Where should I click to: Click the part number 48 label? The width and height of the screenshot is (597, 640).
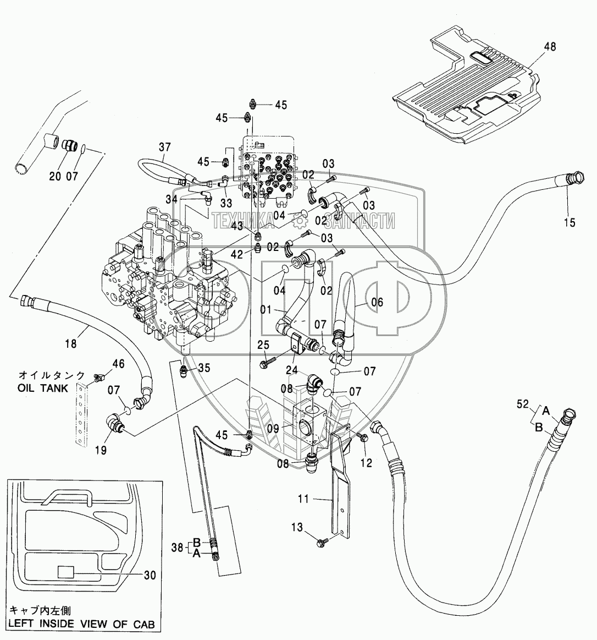[550, 47]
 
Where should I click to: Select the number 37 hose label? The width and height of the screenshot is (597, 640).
[165, 147]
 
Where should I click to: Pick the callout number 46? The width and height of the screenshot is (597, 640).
[118, 363]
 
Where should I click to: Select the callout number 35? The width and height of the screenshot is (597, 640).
[204, 368]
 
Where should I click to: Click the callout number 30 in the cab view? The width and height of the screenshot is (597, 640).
[150, 575]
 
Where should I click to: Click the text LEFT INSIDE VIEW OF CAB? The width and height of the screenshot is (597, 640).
[81, 624]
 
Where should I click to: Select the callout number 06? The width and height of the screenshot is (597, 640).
[377, 302]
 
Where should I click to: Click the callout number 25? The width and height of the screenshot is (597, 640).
[263, 345]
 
